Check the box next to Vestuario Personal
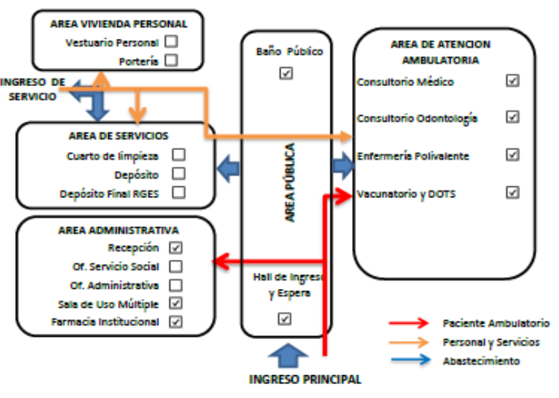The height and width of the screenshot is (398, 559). (x=171, y=42)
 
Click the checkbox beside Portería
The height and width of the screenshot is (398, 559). (x=171, y=60)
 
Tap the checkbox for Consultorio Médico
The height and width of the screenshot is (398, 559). (x=512, y=81)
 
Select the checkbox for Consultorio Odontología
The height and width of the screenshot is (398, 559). (x=512, y=117)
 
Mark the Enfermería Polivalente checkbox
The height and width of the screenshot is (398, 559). (x=512, y=155)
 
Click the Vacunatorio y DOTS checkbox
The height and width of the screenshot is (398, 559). (x=512, y=192)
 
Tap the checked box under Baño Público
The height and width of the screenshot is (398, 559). (x=285, y=73)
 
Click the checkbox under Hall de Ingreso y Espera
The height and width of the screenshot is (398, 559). (x=284, y=318)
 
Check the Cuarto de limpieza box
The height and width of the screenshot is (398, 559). (x=178, y=155)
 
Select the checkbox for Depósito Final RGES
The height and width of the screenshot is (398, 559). (x=178, y=192)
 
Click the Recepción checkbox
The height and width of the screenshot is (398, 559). (x=176, y=247)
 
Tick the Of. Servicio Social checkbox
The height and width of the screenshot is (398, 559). (x=176, y=266)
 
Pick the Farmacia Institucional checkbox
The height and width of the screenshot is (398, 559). (x=176, y=322)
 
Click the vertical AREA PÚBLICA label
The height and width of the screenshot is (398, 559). (x=290, y=183)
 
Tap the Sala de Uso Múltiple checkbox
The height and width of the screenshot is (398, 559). (x=176, y=304)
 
